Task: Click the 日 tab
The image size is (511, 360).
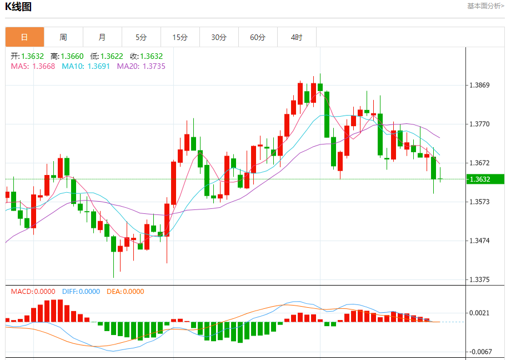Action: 24,37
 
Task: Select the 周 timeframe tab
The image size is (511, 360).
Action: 63,37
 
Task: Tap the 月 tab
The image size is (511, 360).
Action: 102,37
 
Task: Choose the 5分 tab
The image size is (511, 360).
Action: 141,37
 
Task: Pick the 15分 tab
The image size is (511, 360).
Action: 180,37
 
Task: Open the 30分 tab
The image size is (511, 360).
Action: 219,37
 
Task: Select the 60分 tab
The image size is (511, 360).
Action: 258,37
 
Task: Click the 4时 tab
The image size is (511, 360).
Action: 297,37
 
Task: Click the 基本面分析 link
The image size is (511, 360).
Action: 485,6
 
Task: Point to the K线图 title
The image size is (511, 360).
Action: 18,7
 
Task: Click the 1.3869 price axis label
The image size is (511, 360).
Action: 479,85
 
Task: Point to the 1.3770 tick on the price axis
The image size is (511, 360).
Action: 479,124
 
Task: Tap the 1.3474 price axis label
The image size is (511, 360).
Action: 479,241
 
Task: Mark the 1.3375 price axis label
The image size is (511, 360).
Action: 479,279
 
